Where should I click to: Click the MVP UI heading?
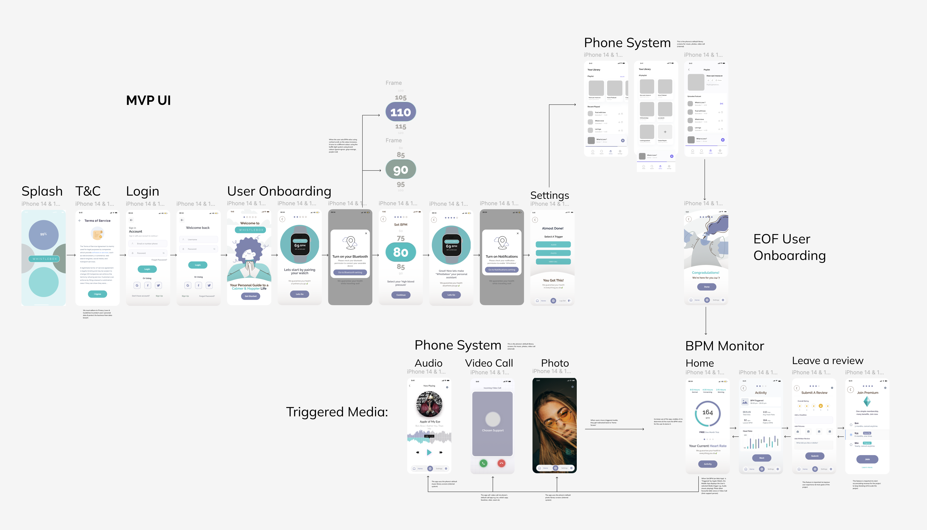pos(148,100)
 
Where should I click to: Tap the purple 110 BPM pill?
pos(400,112)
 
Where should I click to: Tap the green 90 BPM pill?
pos(400,170)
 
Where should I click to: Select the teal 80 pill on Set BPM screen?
pos(400,252)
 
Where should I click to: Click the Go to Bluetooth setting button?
pos(350,272)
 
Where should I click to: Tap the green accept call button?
pos(483,463)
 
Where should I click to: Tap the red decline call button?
pos(501,463)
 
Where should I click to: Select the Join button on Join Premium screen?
pos(867,459)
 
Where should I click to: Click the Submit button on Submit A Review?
pos(814,456)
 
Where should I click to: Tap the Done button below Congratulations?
pos(706,287)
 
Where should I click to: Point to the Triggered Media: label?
pos(337,412)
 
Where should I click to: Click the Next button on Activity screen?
pos(761,458)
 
